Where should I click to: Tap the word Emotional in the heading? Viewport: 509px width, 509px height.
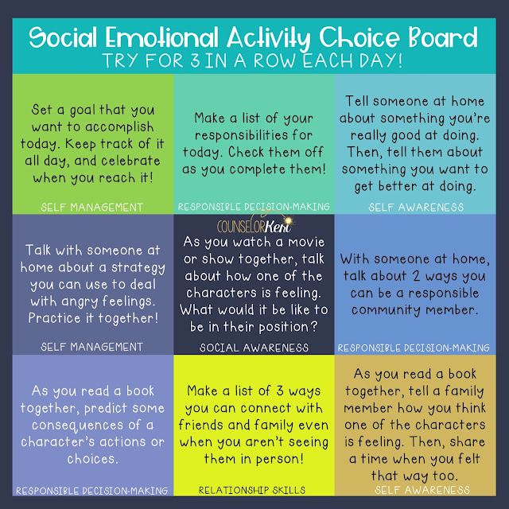161,37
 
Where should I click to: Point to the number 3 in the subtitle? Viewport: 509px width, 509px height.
195,60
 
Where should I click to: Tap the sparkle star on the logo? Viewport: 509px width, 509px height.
288,221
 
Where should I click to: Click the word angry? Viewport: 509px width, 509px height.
80,302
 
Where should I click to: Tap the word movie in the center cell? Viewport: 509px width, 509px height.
305,242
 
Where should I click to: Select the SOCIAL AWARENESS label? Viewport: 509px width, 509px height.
254,348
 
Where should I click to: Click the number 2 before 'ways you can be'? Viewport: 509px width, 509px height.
416,276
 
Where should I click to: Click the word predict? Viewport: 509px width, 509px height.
107,408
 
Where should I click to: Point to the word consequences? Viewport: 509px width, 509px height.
78,425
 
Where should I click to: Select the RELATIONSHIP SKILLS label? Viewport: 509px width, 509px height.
252,490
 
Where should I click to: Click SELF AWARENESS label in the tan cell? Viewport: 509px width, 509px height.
422,490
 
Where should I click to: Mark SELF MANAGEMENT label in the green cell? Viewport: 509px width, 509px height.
92,207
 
